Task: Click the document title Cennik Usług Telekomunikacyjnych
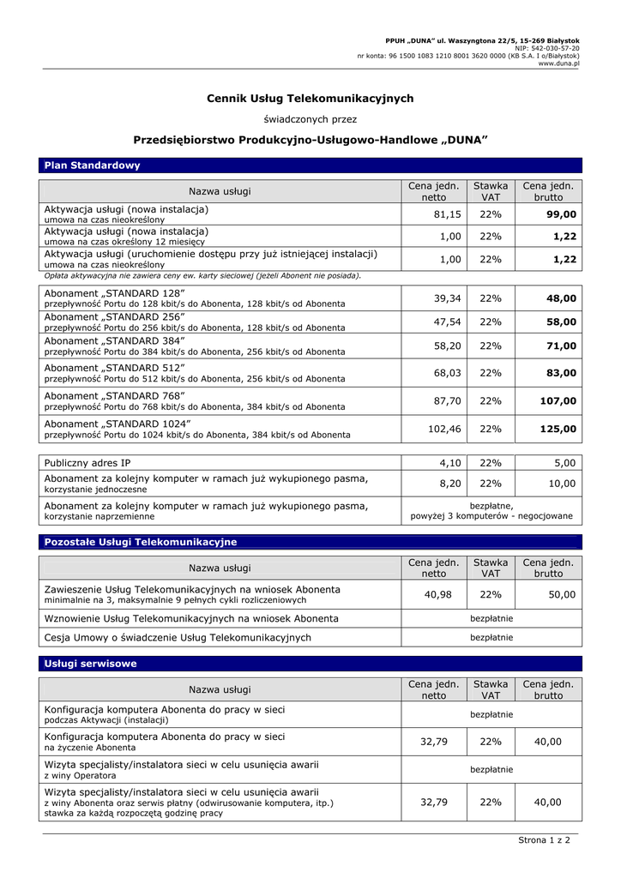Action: pyautogui.click(x=310, y=99)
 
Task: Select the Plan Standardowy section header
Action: pyautogui.click(x=92, y=165)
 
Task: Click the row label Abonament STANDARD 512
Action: pyautogui.click(x=114, y=368)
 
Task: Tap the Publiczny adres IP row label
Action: pyautogui.click(x=87, y=463)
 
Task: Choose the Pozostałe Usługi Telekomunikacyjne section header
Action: pyautogui.click(x=140, y=542)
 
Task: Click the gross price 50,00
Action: pyautogui.click(x=562, y=594)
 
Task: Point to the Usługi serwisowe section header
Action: pyautogui.click(x=90, y=664)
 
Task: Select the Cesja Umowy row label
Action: pyautogui.click(x=178, y=637)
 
